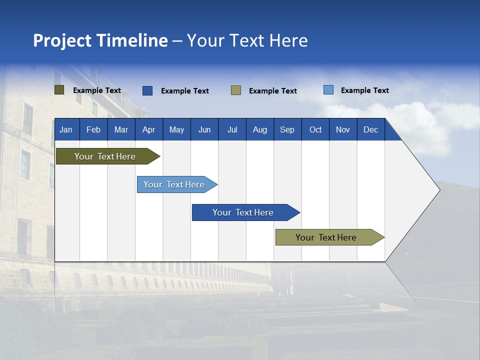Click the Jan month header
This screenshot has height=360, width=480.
tap(66, 130)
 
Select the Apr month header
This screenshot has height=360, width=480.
tap(149, 130)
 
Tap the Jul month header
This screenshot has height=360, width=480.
tap(232, 130)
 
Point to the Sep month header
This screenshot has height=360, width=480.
tap(287, 130)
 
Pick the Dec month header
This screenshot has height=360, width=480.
tap(370, 130)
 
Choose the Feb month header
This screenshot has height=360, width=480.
tap(93, 130)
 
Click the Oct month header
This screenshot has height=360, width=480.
tap(315, 130)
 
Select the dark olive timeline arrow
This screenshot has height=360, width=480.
tap(108, 156)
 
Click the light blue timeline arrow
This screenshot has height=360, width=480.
tap(177, 184)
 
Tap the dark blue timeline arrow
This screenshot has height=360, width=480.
tap(246, 212)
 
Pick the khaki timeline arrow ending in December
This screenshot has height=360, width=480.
tap(330, 237)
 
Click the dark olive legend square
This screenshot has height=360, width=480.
tap(59, 90)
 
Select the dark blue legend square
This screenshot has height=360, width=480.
tap(147, 90)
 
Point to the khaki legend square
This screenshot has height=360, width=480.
tap(236, 90)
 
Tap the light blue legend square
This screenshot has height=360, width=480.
tap(328, 90)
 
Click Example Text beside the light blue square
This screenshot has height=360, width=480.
tap(365, 90)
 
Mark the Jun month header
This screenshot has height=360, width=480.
tap(204, 130)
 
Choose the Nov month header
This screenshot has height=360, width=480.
tap(343, 130)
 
